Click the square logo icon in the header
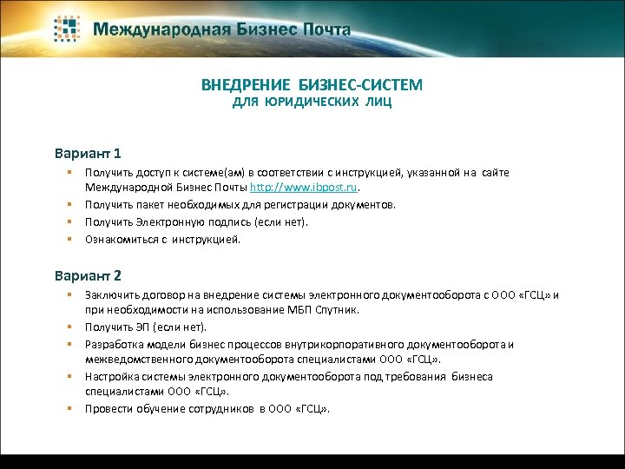coord(69,29)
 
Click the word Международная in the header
coord(148,29)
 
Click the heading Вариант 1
coord(88,153)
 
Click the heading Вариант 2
coord(88,275)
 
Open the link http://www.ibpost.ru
coord(304,187)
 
